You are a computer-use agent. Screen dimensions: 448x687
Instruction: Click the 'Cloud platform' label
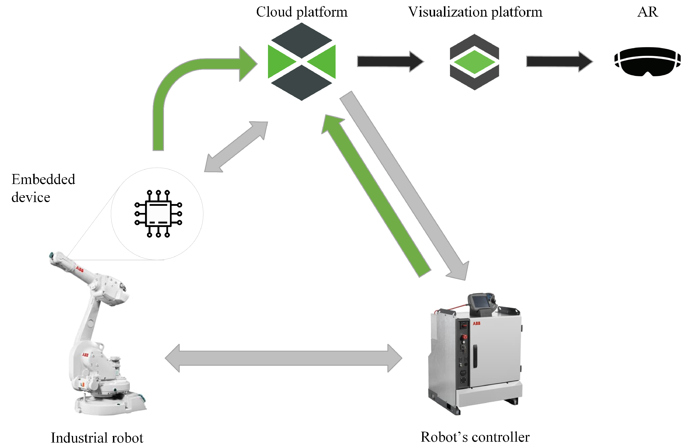click(302, 12)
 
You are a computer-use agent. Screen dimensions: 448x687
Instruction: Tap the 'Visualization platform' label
click(475, 12)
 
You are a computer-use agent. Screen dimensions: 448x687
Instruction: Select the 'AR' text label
click(647, 12)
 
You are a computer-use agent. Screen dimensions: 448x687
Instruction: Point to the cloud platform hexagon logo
click(302, 62)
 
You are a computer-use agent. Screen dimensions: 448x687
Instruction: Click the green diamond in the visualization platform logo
click(474, 62)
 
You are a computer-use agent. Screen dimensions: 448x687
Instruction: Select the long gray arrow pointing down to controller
click(404, 185)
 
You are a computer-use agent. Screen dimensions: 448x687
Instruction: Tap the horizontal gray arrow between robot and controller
click(283, 358)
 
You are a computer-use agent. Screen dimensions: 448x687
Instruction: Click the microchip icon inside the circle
click(158, 214)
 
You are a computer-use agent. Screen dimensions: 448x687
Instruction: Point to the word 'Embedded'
click(43, 179)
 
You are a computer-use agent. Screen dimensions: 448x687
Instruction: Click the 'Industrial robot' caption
click(97, 438)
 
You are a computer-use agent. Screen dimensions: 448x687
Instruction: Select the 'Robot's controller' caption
click(475, 437)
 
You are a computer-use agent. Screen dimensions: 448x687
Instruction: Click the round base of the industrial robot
click(110, 404)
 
